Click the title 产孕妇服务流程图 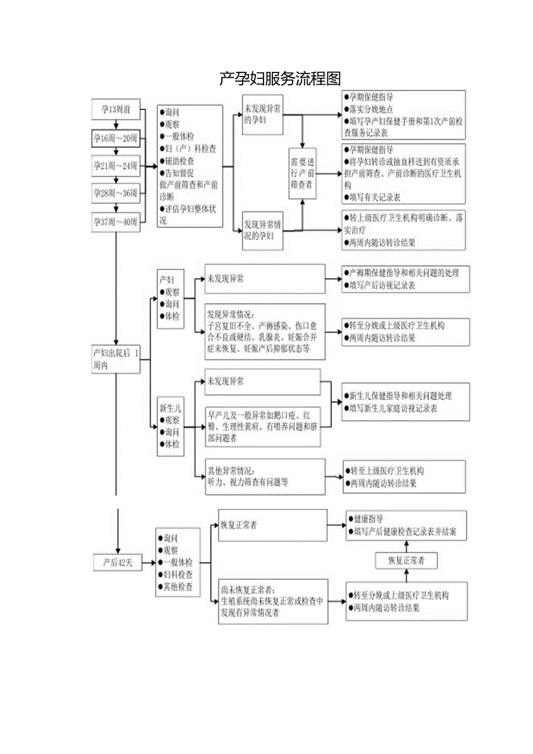[280, 78]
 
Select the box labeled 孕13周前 [116, 109]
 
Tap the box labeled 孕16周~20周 [116, 138]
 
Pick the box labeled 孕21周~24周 [116, 165]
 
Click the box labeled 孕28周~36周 [116, 193]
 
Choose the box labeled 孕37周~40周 [116, 221]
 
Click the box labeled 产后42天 [118, 562]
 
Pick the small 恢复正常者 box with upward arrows [406, 560]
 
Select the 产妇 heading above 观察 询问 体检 [167, 279]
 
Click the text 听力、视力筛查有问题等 [248, 482]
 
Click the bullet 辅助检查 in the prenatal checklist [179, 161]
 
